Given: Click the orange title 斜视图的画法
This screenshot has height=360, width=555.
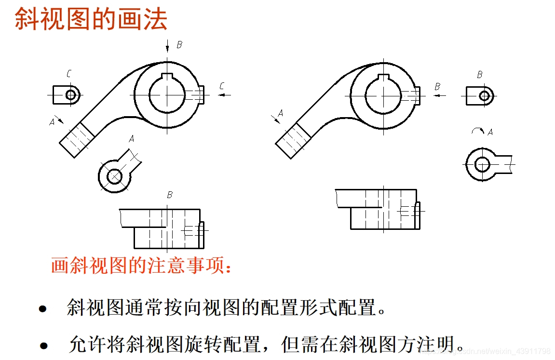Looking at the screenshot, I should pos(91,19).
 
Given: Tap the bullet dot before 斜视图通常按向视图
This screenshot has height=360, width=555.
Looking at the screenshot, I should pos(43,309).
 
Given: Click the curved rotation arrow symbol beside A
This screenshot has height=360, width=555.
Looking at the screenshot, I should pos(477,130).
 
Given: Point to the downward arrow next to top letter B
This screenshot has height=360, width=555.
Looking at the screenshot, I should pos(167,47).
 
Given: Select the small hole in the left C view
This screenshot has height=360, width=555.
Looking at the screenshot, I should pos(71,95).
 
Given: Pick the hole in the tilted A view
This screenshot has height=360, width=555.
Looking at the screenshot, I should pos(114,176).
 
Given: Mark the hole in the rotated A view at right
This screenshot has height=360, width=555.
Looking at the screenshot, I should pos(482,164).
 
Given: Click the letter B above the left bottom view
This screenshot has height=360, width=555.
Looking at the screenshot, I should pos(170,195).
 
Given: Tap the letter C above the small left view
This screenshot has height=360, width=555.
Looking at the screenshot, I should pos(69,74).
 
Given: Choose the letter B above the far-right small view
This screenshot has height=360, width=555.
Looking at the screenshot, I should pos(480,75).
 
